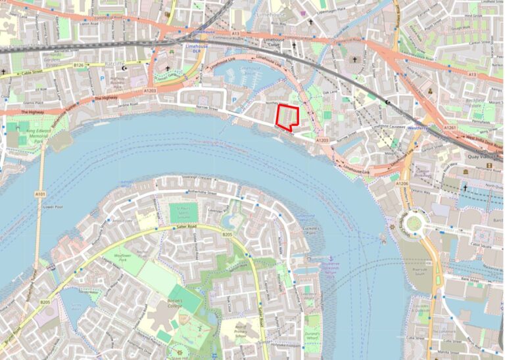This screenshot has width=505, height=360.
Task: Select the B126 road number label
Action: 79,65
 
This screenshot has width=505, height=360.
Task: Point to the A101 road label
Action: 40,194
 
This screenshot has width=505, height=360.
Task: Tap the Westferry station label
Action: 416,128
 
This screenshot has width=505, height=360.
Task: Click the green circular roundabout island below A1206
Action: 412,223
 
